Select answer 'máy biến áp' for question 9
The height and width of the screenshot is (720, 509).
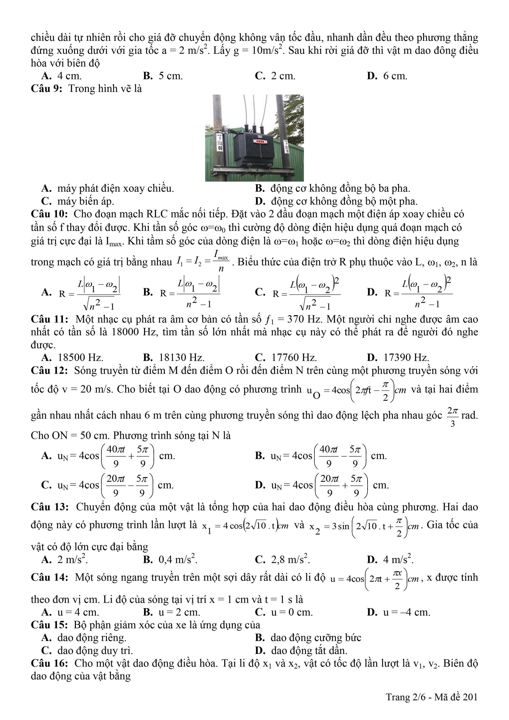(x=85, y=201)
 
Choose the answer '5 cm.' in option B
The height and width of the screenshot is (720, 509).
(x=170, y=76)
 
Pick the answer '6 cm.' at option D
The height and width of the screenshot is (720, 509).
(x=395, y=76)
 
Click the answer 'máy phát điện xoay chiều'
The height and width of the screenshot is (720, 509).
(x=115, y=188)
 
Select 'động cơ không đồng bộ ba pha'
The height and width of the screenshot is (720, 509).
(x=340, y=188)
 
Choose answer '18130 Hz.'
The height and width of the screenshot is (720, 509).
(x=182, y=357)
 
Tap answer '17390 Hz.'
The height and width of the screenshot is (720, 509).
(x=406, y=357)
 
